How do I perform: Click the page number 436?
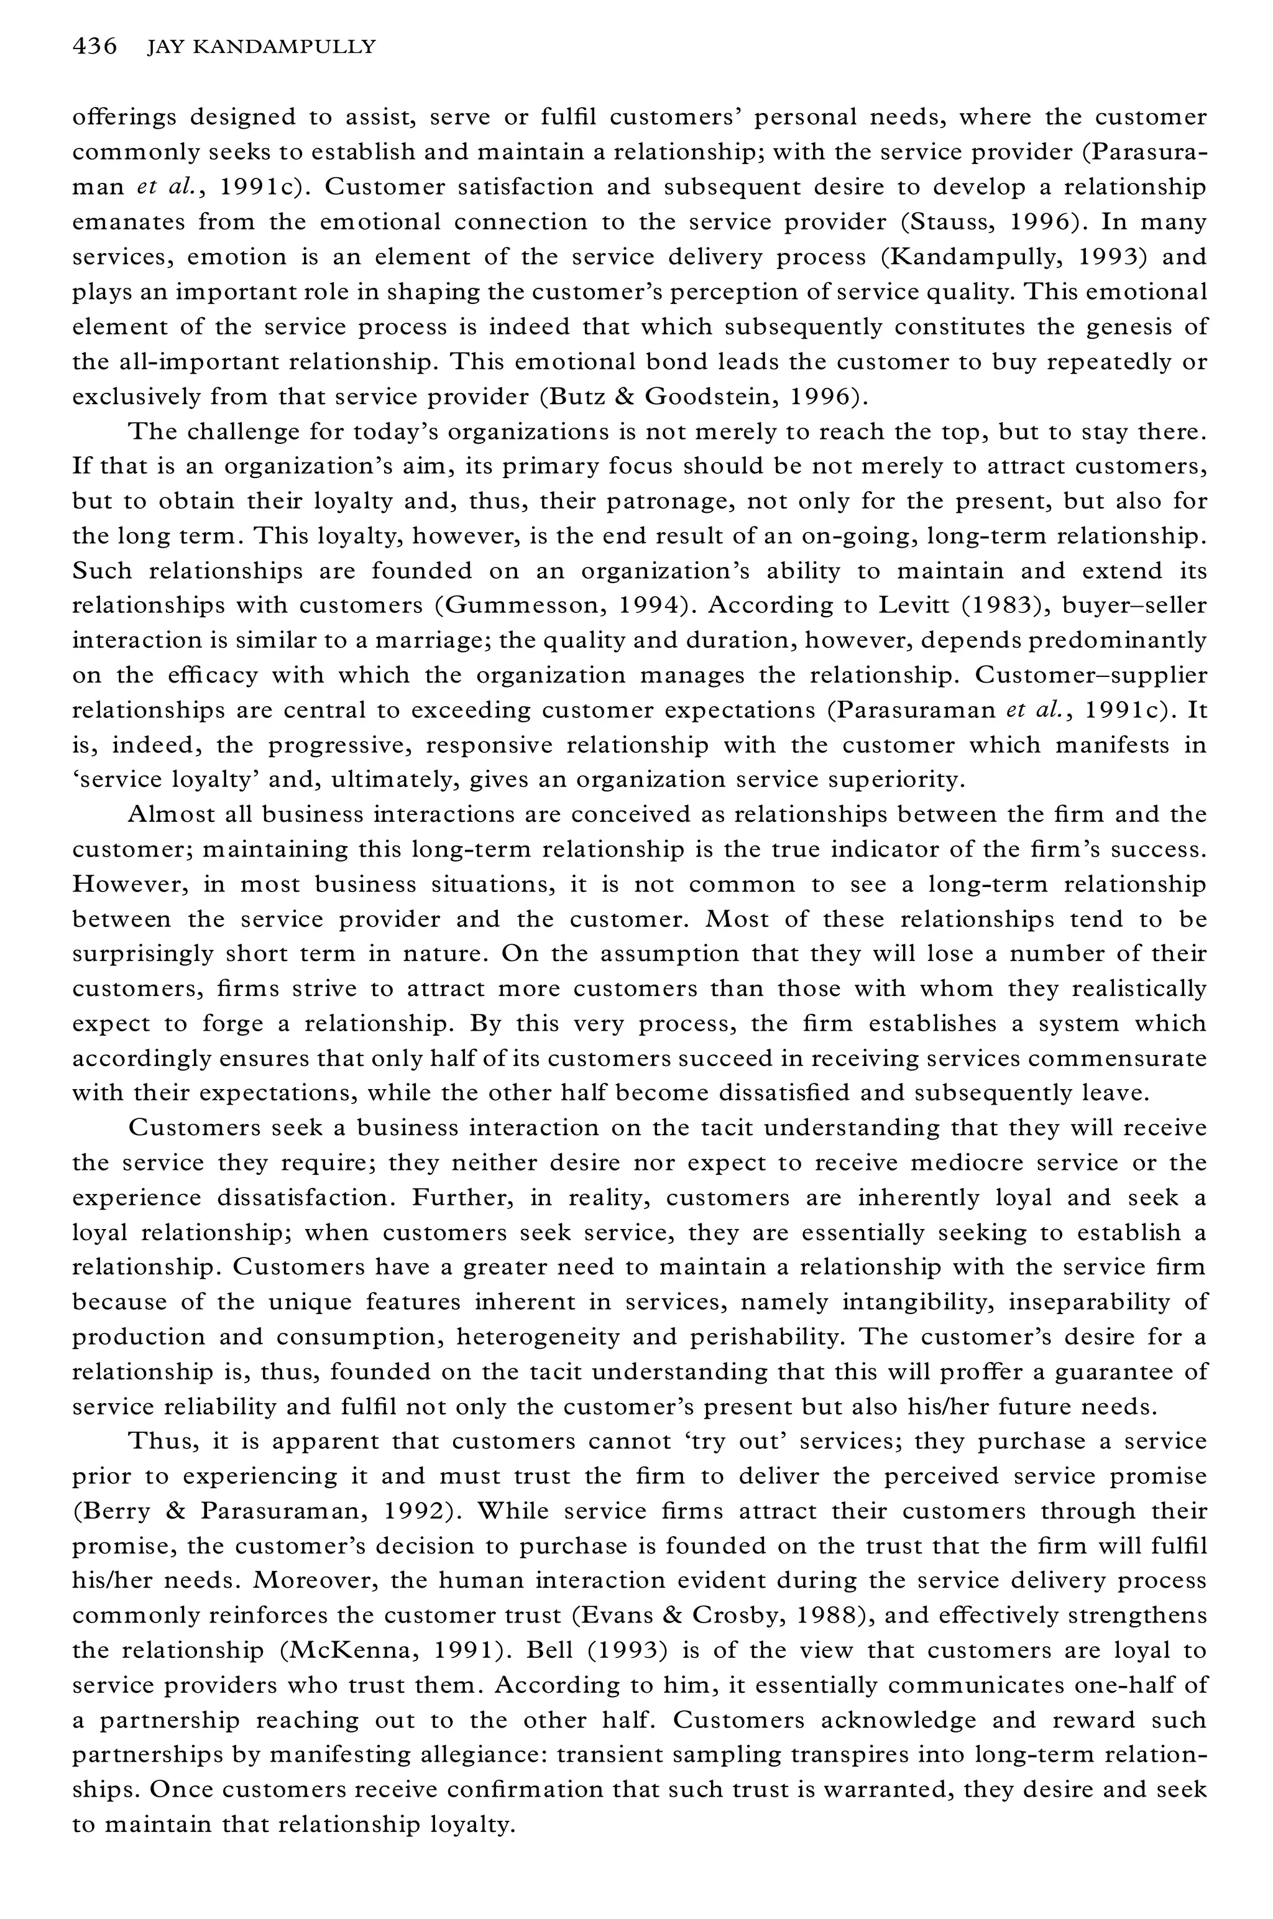[x=94, y=47]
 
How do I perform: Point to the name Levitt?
[x=889, y=605]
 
